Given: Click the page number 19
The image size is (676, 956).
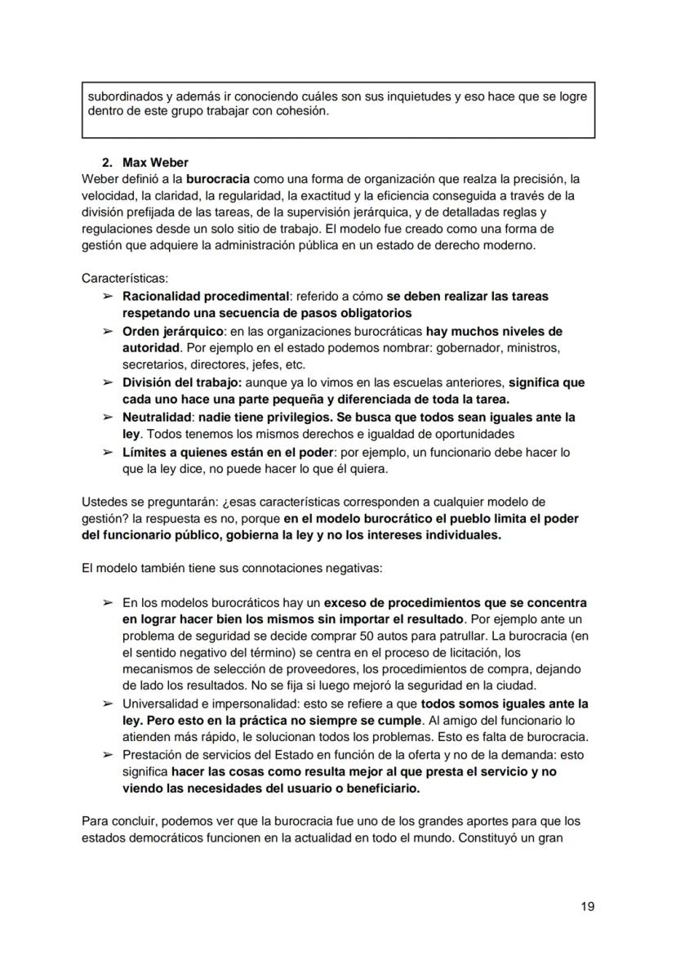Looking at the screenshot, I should tap(587, 906).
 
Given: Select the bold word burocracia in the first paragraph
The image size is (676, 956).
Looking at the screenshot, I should tap(218, 178).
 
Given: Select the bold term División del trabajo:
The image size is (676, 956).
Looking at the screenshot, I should tap(182, 382).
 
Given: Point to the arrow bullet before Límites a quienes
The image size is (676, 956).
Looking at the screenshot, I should tap(107, 452).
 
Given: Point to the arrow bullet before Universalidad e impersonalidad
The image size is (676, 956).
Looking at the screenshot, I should tap(107, 704).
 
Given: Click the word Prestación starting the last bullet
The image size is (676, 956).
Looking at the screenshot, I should tap(153, 755).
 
